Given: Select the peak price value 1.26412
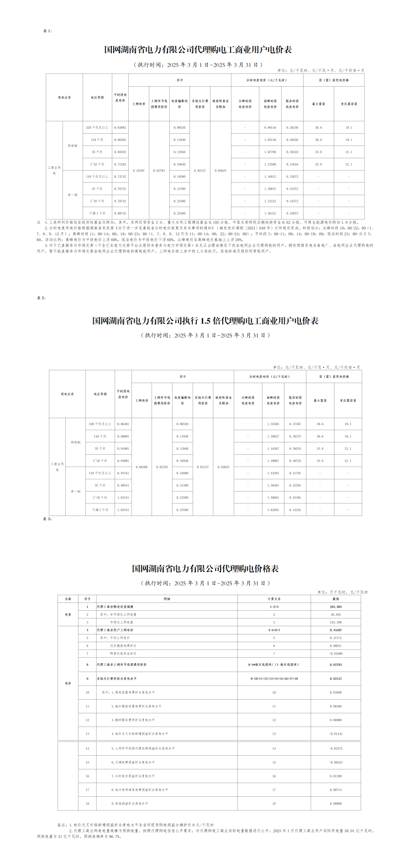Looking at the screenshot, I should pyautogui.click(x=270, y=213).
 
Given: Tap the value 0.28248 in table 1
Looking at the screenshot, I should pyautogui.click(x=292, y=128).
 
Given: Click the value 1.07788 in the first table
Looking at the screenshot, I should pyautogui.click(x=270, y=152).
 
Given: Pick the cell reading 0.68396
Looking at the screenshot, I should pyautogui.click(x=142, y=467).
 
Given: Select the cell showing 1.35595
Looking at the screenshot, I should pyautogui.click(x=273, y=424).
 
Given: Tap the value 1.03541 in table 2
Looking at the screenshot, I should pyautogui.click(x=123, y=510).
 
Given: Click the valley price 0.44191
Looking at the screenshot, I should pyautogui.click(x=295, y=510).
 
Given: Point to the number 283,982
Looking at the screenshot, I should pyautogui.click(x=336, y=607).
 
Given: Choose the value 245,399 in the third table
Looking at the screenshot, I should pyautogui.click(x=336, y=622).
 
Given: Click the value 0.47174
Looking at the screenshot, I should pyautogui.click(x=336, y=638).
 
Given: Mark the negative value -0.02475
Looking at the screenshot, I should pyautogui.click(x=336, y=748).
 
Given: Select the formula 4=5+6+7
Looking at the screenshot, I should pyautogui.click(x=274, y=630).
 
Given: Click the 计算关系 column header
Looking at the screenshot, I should pyautogui.click(x=274, y=599).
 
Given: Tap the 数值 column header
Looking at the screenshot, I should pyautogui.click(x=336, y=599).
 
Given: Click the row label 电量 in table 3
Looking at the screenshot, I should pyautogui.click(x=68, y=615).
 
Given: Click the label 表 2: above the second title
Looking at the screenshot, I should pyautogui.click(x=41, y=298).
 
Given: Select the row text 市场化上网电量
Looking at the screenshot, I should pyautogui.click(x=121, y=622).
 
